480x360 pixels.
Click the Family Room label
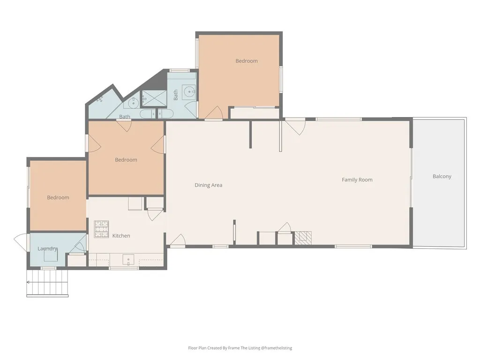pos(357,180)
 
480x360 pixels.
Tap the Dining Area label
pos(209,185)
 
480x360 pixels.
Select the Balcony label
pos(442,177)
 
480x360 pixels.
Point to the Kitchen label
pos(121,236)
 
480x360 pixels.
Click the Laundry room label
pos(47,248)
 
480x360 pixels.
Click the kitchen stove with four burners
pos(101,229)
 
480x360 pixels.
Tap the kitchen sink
pos(128,260)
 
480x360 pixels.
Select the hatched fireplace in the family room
pos(303,238)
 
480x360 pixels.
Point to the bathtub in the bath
pos(157,114)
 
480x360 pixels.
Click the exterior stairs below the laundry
pos(47,284)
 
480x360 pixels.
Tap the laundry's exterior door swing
pos(21,242)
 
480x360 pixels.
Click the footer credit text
pos(240,348)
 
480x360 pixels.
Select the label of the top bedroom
pos(247,61)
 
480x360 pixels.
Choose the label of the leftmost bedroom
pos(58,197)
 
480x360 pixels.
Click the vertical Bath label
pos(176,95)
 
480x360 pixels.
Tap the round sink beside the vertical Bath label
pos(189,91)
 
